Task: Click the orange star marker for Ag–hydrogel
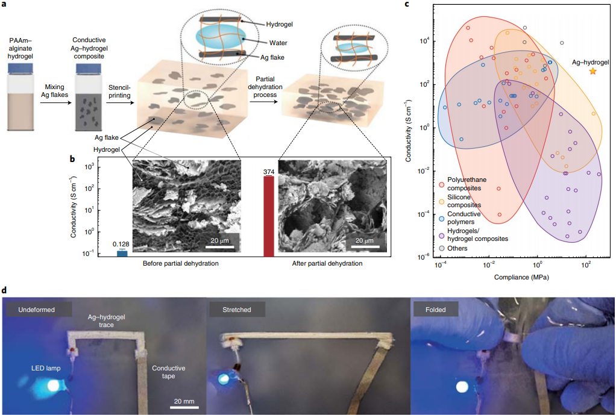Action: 592,71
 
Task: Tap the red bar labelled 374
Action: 268,216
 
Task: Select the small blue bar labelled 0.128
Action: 122,254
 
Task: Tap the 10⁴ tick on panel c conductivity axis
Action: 424,41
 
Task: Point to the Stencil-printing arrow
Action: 121,95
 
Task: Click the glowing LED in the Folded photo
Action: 462,386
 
